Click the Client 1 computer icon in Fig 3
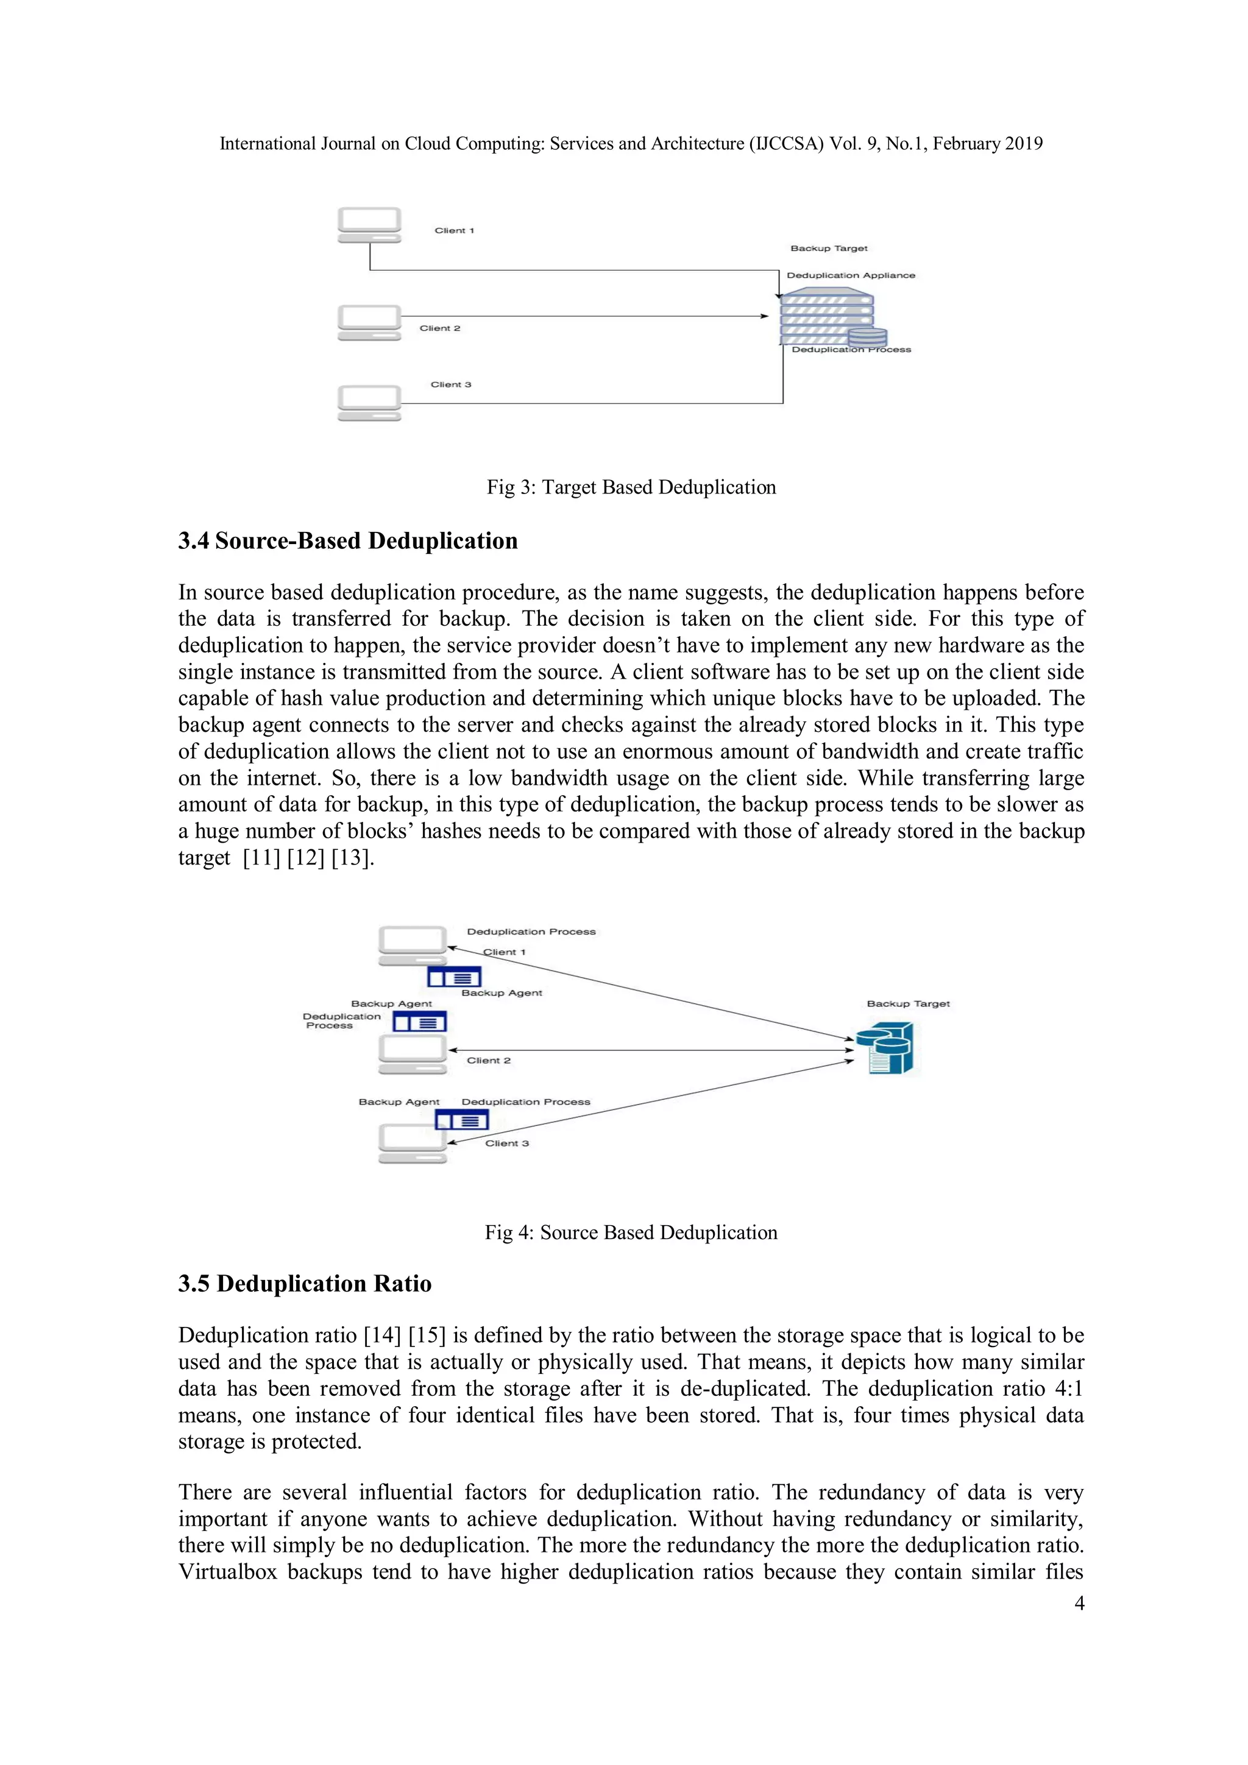(x=369, y=224)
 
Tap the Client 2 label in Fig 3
(x=440, y=328)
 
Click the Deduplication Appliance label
(x=851, y=275)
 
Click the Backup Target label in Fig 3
(x=828, y=249)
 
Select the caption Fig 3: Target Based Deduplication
(x=631, y=487)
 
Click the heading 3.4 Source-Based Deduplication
(x=347, y=540)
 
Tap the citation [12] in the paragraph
(x=305, y=858)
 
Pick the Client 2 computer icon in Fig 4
(x=412, y=1054)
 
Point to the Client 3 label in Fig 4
(x=507, y=1143)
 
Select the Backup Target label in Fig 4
(x=907, y=1004)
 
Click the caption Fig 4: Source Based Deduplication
(x=631, y=1233)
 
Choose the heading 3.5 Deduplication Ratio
(x=305, y=1284)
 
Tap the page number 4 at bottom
(x=1079, y=1603)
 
